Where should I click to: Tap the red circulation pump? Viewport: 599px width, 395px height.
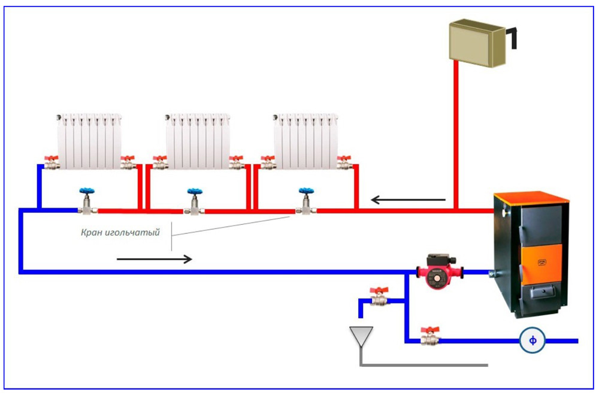(x=438, y=273)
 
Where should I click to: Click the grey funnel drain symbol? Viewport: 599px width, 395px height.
(x=361, y=336)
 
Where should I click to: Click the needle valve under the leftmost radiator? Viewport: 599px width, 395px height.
(x=87, y=204)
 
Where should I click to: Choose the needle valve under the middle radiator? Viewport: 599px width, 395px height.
(x=195, y=204)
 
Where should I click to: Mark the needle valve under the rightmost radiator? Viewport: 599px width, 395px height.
(x=307, y=204)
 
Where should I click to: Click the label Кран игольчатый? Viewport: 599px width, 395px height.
(x=120, y=232)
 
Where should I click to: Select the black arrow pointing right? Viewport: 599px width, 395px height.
(x=155, y=259)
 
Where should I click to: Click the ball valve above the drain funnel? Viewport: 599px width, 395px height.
(x=379, y=298)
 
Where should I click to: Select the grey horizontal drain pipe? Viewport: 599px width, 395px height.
(x=425, y=364)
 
